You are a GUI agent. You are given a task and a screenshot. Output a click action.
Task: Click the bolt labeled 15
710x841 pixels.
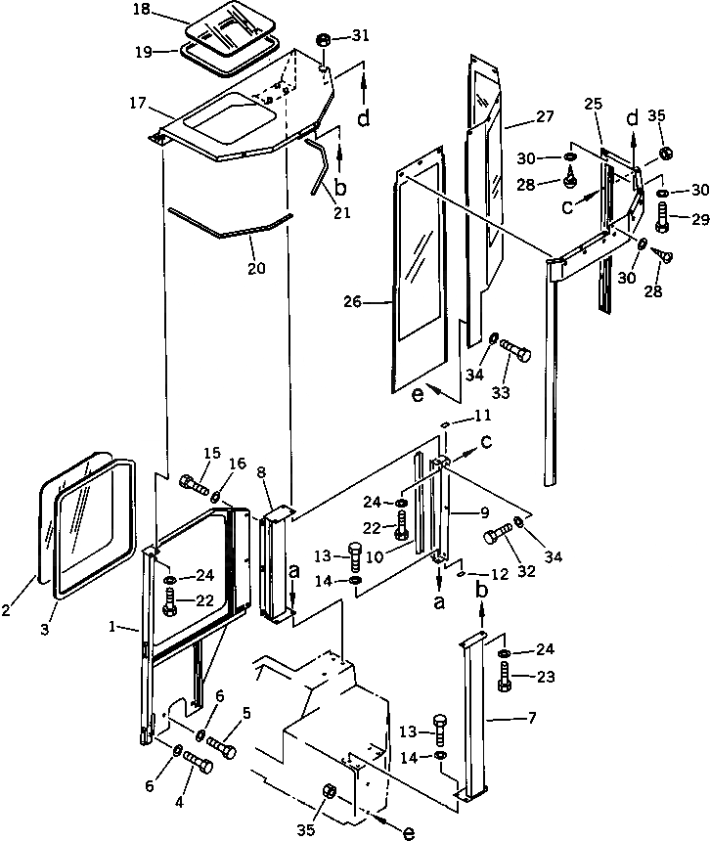194,482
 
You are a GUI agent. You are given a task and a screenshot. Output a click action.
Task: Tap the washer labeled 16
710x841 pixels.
217,496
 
